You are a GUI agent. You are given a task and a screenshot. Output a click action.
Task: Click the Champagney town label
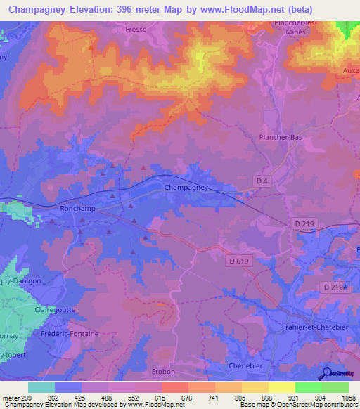tap(186, 188)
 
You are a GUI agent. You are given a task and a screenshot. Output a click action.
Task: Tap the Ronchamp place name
tap(78, 209)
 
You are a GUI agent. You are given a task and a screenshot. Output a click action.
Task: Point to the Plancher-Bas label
tap(281, 138)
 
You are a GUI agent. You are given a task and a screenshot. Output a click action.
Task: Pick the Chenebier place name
tap(245, 366)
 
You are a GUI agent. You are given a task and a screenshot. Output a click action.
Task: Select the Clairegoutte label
tap(55, 309)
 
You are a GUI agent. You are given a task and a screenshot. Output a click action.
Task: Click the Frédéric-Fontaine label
tap(70, 334)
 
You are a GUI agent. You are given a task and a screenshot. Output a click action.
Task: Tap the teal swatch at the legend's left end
tap(41, 387)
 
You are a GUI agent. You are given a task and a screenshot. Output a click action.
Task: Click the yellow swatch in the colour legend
tap(282, 387)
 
